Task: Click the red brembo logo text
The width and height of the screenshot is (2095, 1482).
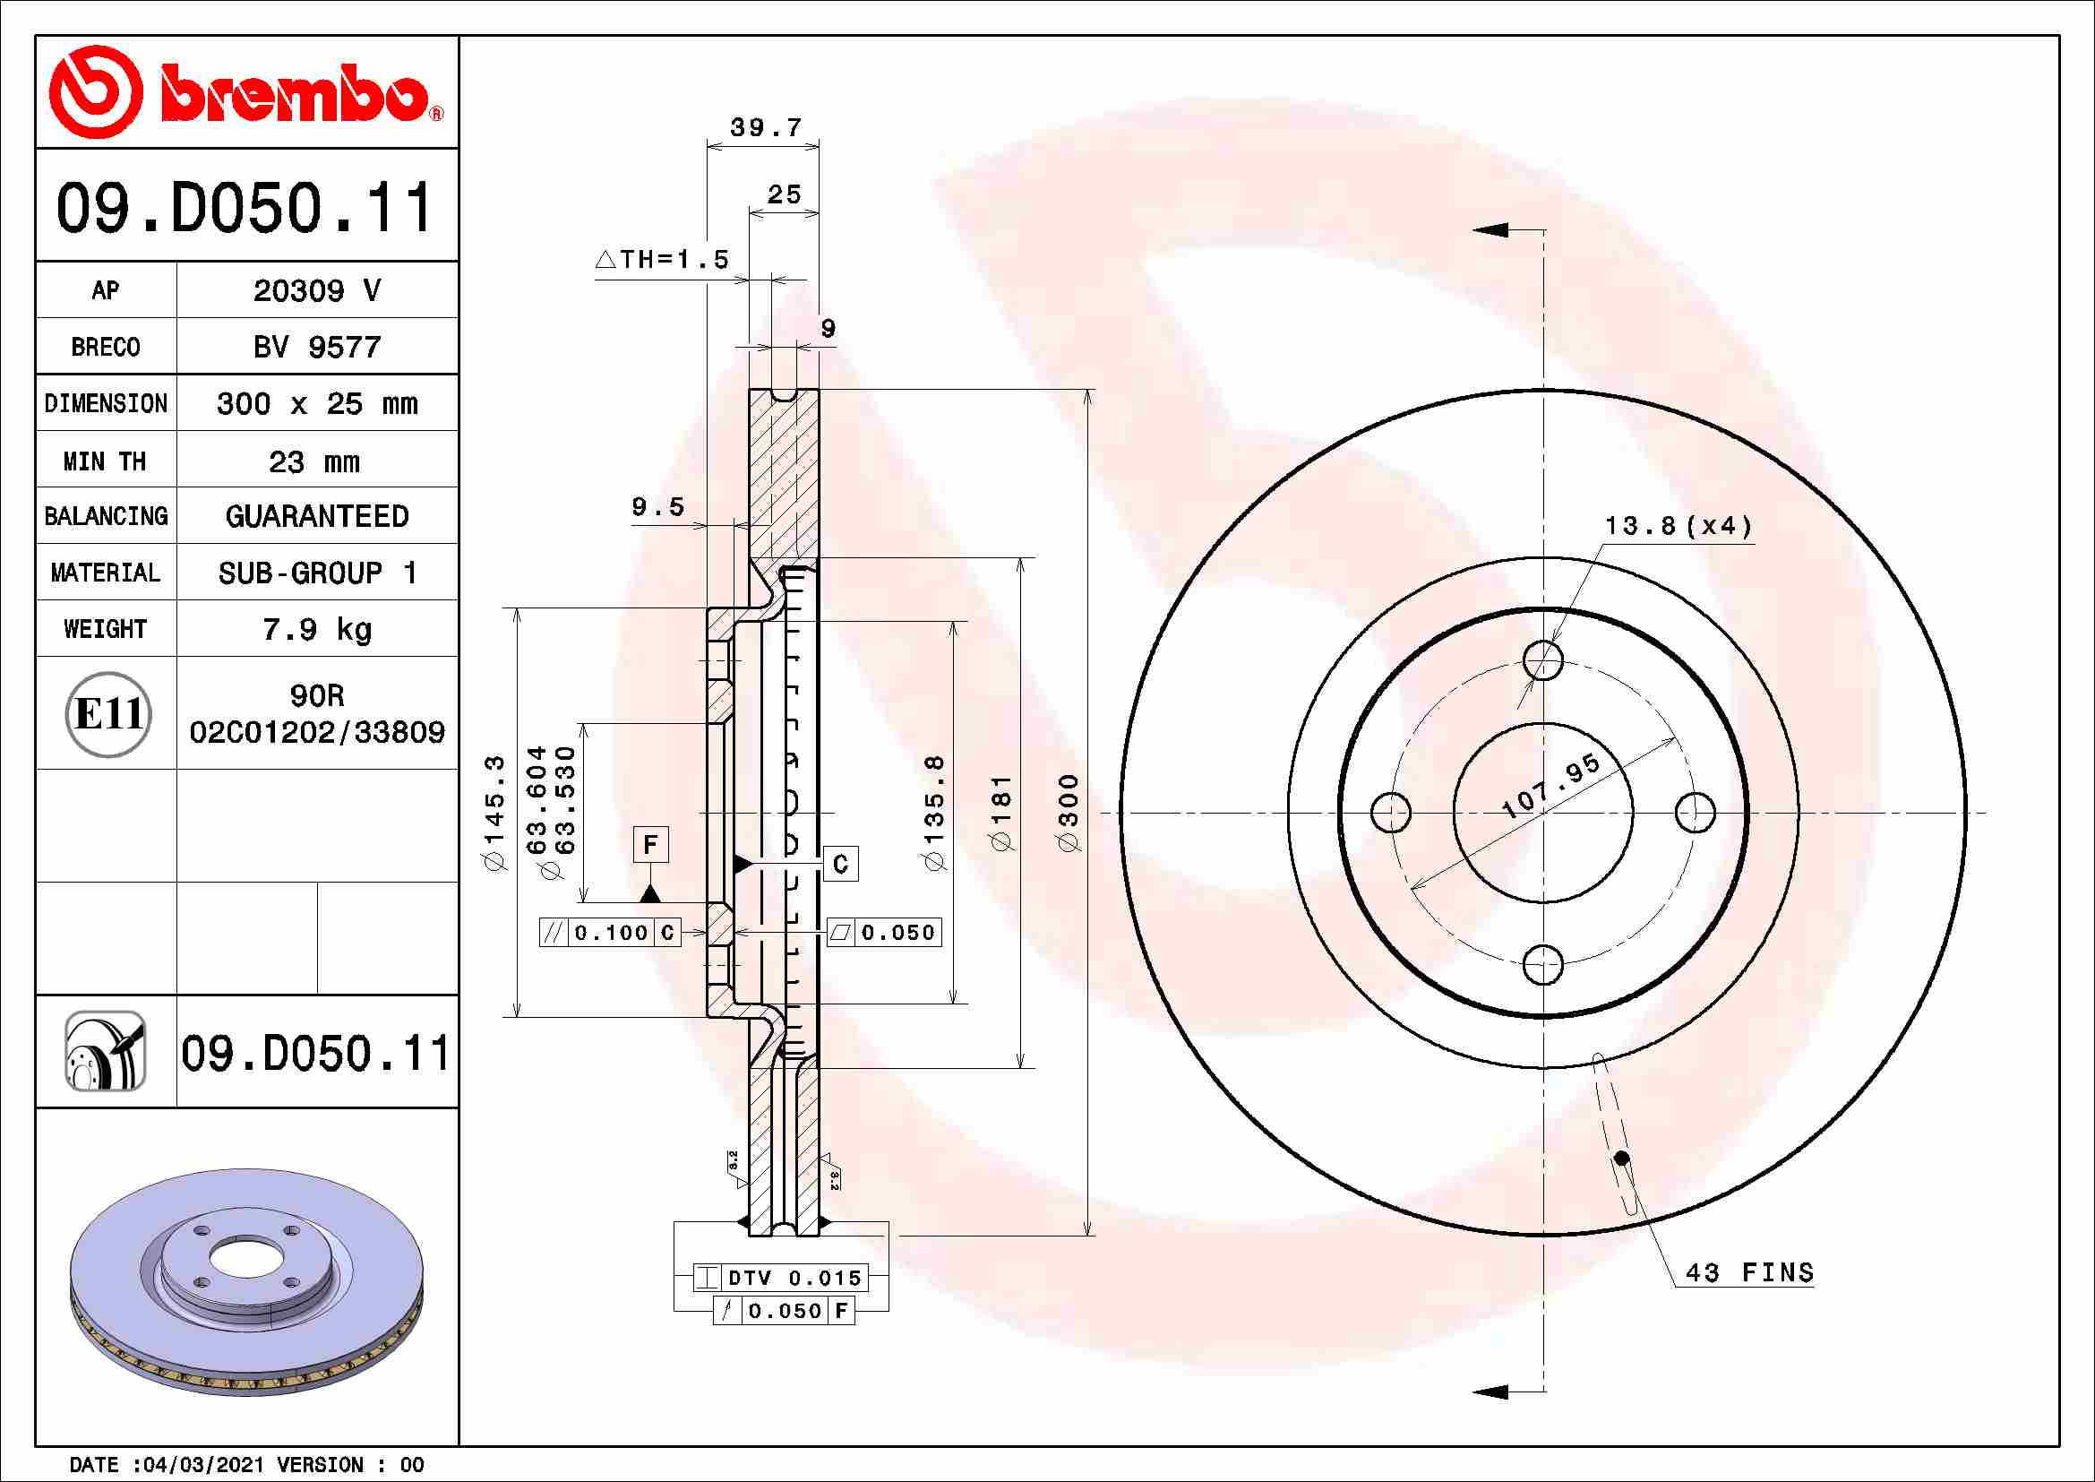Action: click(x=294, y=94)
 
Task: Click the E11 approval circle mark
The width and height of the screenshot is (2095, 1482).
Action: click(x=108, y=713)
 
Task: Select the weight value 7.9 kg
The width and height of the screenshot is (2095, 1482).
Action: click(x=316, y=629)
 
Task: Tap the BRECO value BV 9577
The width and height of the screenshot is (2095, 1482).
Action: click(x=316, y=347)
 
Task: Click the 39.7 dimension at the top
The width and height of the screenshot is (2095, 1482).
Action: click(x=765, y=128)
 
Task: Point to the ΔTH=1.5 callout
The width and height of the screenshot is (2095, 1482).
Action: click(x=663, y=259)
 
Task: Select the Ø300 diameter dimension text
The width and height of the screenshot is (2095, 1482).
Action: click(x=1069, y=812)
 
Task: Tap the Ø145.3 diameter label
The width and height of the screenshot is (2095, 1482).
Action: click(x=494, y=812)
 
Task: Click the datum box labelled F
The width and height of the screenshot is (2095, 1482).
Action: click(x=650, y=844)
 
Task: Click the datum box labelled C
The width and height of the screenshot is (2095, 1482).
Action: click(x=840, y=863)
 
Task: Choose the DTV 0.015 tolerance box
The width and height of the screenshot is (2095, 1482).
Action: click(x=781, y=1278)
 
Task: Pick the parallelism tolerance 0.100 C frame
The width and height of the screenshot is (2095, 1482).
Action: click(x=611, y=933)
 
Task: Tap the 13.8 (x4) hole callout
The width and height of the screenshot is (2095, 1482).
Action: click(x=1678, y=526)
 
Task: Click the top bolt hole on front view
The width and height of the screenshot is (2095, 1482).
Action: click(x=1543, y=659)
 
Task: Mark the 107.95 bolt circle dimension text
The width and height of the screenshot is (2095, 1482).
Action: click(x=1550, y=786)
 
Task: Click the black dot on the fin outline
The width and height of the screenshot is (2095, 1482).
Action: click(x=1621, y=1158)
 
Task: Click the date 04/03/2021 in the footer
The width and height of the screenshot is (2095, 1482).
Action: click(x=206, y=1465)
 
